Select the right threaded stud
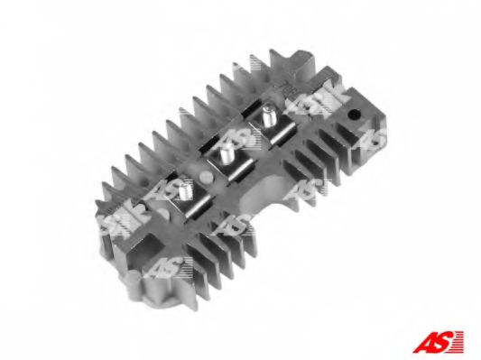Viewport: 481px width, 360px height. tap(268, 119)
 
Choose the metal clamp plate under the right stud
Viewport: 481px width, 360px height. tap(266, 137)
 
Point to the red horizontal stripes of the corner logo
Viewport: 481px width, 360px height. tap(460, 340)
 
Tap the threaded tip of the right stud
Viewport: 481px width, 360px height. tap(269, 114)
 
